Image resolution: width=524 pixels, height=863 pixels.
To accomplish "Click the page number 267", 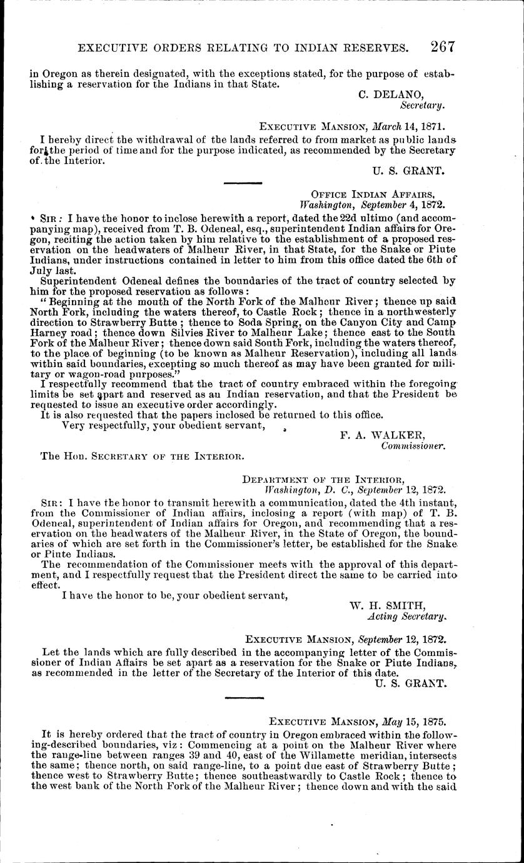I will [442, 46].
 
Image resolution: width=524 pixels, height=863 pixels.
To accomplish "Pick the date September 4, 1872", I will [396, 204].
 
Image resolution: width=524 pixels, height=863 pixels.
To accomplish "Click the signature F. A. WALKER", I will [383, 435].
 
